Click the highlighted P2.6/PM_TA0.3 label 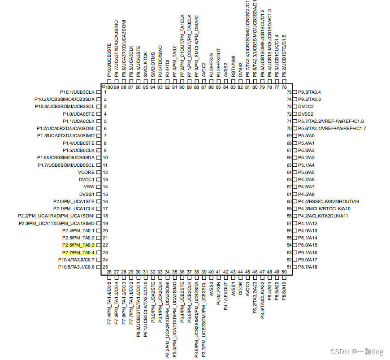[78, 245]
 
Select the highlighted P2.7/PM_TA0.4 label [78, 252]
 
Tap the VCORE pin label [86, 172]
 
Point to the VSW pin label [89, 187]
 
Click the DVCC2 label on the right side [306, 107]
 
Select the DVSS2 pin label [306, 114]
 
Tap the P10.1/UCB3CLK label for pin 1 [77, 92]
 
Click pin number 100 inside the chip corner [109, 87]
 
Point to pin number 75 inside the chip [289, 92]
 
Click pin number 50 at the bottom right [284, 272]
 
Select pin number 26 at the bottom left [109, 272]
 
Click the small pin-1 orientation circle [104, 87]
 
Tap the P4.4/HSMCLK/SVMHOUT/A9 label [332, 201]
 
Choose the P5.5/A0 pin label [307, 136]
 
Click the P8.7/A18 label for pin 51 [308, 267]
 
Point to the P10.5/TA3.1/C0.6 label [76, 267]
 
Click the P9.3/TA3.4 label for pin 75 [310, 92]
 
